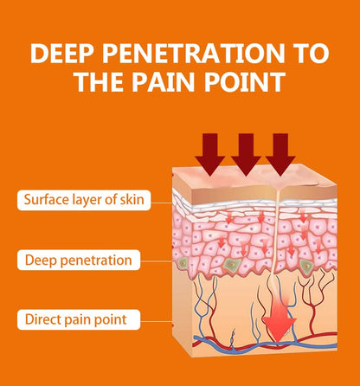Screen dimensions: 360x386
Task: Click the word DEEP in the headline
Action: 62,54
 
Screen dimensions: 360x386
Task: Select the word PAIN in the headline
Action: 163,81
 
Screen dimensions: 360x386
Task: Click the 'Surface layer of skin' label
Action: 84,200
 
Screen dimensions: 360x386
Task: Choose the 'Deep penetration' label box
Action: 79,260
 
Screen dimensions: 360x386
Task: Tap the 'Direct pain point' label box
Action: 79,319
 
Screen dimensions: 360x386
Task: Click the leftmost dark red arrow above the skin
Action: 209,154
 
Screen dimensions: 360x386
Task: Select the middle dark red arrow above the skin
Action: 246,154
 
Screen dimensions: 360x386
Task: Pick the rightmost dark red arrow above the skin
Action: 280,155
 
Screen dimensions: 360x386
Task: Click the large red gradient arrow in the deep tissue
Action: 280,314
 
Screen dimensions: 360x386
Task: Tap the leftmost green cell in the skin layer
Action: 183,263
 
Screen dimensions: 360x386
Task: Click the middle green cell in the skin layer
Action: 231,264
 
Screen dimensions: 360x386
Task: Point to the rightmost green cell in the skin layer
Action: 306,265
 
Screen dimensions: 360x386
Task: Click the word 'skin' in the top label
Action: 132,199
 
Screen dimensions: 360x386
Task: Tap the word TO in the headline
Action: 312,54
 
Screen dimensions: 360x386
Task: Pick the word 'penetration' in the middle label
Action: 96,261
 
